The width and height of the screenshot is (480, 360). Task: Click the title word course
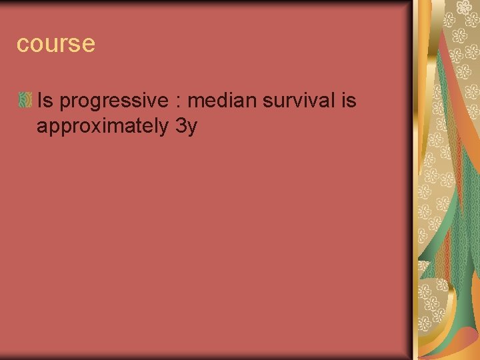[56, 44]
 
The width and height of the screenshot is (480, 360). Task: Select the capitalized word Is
[45, 101]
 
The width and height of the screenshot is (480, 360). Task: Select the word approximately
[102, 127]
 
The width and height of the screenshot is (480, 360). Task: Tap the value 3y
[186, 127]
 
